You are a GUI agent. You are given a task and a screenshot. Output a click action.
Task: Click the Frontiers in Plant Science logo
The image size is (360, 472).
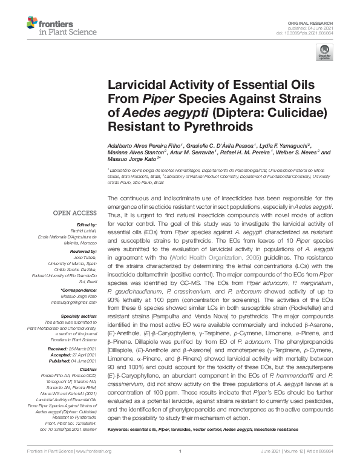coord(52,26)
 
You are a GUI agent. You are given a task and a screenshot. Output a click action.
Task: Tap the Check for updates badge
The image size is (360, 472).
coord(324,51)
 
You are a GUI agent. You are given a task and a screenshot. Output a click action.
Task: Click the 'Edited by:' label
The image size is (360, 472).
coord(85,225)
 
